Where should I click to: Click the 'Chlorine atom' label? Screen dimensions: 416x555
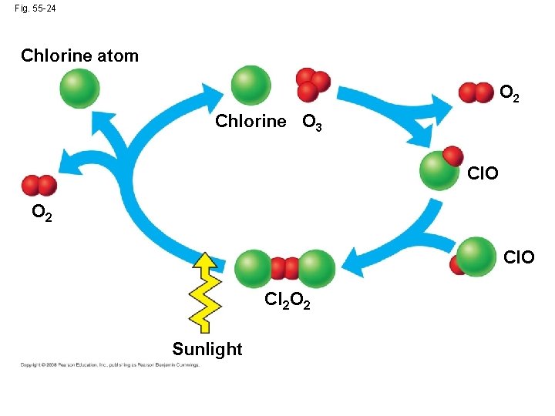(x=79, y=55)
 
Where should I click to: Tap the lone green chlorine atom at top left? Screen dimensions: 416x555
(x=80, y=88)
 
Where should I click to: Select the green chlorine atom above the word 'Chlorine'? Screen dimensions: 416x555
(x=251, y=85)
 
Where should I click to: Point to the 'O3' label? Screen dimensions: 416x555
(x=312, y=122)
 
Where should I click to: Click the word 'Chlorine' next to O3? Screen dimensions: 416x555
(x=251, y=122)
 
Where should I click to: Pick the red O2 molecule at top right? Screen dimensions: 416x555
(x=476, y=92)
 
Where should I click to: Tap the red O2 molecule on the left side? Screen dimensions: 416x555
(x=39, y=186)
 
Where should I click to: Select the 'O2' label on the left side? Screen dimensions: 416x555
(x=42, y=213)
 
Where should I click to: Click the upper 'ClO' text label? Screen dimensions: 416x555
(x=483, y=173)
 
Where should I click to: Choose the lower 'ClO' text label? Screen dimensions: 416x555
(x=519, y=257)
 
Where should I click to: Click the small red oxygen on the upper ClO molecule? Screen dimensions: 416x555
(x=452, y=155)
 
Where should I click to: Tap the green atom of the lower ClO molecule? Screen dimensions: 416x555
(x=477, y=256)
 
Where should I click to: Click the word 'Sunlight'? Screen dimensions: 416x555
(x=207, y=349)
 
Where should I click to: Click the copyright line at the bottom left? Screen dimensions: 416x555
(x=109, y=364)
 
